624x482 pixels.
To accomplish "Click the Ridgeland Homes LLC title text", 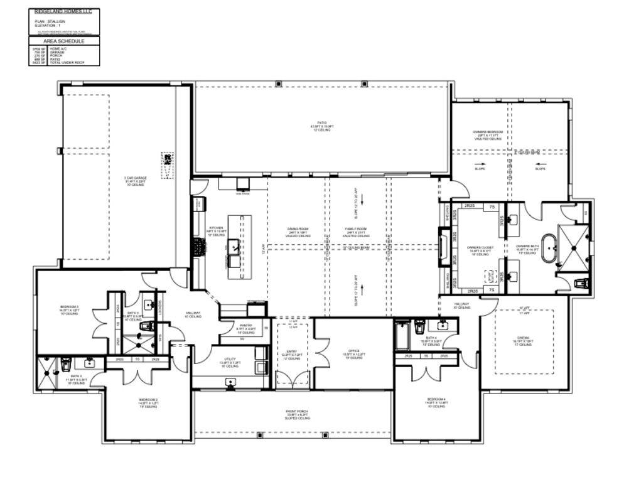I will [x=63, y=11].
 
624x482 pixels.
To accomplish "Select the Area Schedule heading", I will [x=63, y=41].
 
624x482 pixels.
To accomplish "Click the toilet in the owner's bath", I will [x=581, y=284].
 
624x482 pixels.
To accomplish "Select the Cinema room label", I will [x=523, y=340].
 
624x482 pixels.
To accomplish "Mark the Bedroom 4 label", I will [x=436, y=402].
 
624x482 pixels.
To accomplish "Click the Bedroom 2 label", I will [x=148, y=402].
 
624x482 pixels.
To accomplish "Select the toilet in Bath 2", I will [x=65, y=363].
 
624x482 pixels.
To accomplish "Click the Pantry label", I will [x=245, y=329].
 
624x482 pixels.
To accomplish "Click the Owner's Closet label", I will [x=480, y=250].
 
